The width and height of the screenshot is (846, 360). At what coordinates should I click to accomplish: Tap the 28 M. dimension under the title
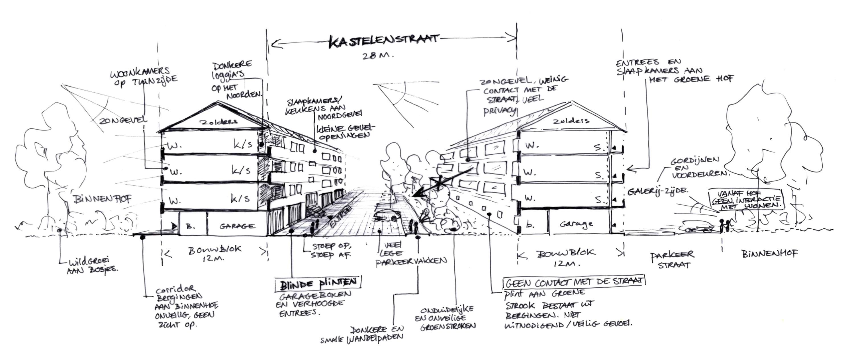coord(378,56)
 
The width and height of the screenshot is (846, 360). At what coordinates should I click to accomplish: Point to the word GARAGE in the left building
coord(237,226)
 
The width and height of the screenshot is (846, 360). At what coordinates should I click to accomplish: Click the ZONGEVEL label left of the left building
coord(123,121)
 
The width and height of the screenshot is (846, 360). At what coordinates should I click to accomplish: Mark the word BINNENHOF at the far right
coord(769,253)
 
